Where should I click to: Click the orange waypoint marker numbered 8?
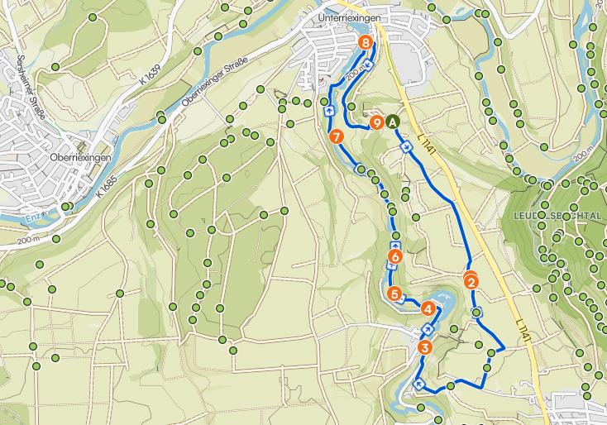click(x=366, y=42)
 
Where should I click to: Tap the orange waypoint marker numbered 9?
click(x=377, y=123)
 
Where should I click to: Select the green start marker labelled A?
click(x=393, y=122)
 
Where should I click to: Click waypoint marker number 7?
click(x=335, y=136)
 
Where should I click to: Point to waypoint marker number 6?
click(x=394, y=257)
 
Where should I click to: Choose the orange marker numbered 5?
click(x=394, y=294)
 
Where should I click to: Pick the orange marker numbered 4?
click(x=428, y=309)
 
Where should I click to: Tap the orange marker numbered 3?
click(x=425, y=347)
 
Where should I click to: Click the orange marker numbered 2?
click(x=471, y=282)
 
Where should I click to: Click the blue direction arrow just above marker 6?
click(x=394, y=245)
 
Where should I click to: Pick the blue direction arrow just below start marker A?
click(x=406, y=146)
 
